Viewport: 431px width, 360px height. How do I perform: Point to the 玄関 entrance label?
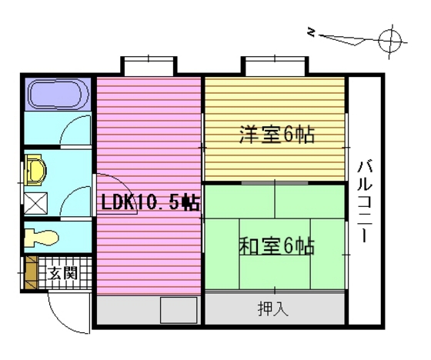(x=64, y=272)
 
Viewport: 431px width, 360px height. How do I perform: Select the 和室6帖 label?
(x=276, y=246)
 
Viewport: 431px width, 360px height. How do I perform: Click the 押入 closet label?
(x=273, y=309)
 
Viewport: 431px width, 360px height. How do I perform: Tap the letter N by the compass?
(x=311, y=32)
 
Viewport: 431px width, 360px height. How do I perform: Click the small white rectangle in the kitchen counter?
(x=178, y=311)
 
